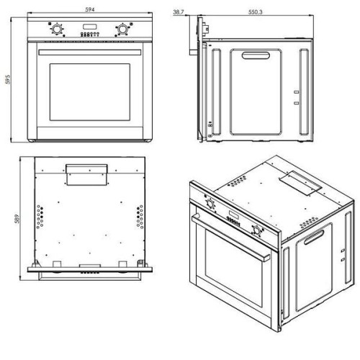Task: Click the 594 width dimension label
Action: pos(90,9)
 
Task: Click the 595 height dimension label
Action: pos(8,79)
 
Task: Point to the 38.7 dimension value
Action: pos(179,12)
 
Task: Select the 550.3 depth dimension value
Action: pos(255,12)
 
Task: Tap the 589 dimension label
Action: pos(17,219)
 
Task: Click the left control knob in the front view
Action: pos(57,30)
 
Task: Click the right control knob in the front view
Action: pos(122,30)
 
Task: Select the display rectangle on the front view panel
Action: pos(90,27)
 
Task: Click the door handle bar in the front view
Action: pos(90,53)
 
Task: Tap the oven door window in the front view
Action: pos(90,92)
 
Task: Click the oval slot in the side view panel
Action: pos(256,55)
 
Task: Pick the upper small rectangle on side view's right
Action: pos(297,92)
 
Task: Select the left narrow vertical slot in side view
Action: pos(216,91)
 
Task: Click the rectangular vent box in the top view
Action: pos(86,175)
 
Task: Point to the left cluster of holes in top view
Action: pos(40,217)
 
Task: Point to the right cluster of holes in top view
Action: pos(140,217)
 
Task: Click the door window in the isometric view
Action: pos(234,268)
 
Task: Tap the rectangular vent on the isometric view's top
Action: pos(300,182)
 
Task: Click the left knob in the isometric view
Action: pos(211,204)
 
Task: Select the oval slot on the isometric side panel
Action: pos(314,238)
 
